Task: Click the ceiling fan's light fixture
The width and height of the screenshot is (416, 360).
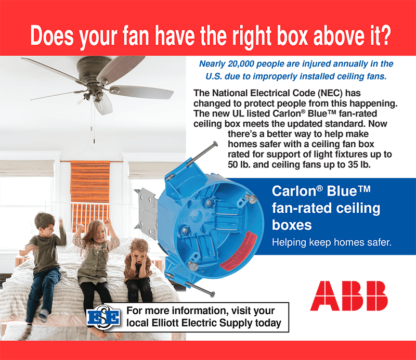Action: point(102,103)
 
